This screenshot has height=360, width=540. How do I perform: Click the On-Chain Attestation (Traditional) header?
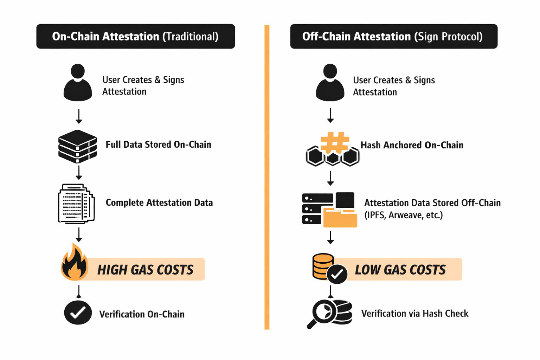(x=135, y=37)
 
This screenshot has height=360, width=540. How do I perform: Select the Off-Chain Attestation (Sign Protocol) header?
(x=393, y=37)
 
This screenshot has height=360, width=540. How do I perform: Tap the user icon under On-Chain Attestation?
(x=78, y=83)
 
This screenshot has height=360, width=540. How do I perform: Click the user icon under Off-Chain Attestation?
(x=330, y=83)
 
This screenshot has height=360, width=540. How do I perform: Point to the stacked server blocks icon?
(x=77, y=146)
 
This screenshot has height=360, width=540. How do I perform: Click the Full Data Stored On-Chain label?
(x=158, y=144)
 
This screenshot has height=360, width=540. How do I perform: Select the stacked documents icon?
(x=76, y=204)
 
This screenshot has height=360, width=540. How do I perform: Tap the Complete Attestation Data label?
(x=159, y=203)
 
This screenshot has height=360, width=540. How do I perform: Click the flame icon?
(x=74, y=263)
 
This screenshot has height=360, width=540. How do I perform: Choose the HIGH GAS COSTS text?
(x=145, y=270)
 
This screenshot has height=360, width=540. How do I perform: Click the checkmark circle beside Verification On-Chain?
(x=78, y=313)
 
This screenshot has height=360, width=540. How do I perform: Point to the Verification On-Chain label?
(x=142, y=314)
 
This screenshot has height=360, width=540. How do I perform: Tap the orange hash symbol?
(x=335, y=142)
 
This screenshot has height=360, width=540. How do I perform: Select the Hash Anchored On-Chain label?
(x=412, y=145)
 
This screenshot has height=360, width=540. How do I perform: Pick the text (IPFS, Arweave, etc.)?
(x=403, y=215)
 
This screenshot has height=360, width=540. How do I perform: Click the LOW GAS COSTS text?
(x=400, y=270)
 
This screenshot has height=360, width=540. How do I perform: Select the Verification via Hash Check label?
(x=414, y=314)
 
